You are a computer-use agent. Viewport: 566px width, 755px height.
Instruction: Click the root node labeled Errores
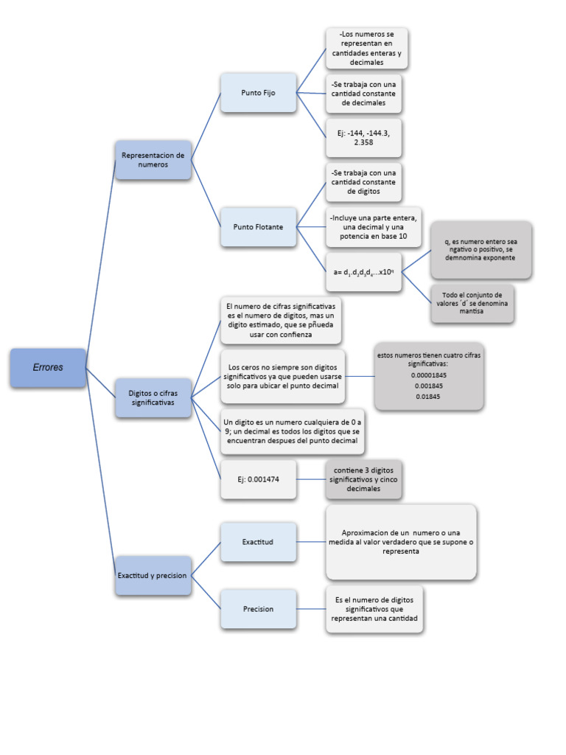tap(48, 367)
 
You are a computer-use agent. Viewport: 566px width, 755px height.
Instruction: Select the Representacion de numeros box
tap(153, 160)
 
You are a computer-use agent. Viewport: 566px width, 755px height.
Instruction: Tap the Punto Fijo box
tap(258, 93)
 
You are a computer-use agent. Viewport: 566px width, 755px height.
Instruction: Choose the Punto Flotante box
tap(258, 226)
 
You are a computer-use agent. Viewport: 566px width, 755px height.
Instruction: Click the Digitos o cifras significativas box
tap(153, 398)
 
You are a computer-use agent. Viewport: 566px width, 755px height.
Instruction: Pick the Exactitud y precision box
tap(153, 575)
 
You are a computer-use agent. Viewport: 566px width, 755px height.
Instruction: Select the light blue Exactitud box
tap(258, 542)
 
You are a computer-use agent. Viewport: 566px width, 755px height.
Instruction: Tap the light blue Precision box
tap(258, 609)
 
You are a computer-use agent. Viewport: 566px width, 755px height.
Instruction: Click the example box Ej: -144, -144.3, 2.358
tap(363, 137)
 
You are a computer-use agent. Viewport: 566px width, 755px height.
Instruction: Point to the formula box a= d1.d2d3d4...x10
tap(363, 271)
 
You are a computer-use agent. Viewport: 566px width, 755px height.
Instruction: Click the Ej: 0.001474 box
tap(258, 479)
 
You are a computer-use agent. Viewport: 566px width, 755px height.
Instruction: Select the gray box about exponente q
tap(480, 249)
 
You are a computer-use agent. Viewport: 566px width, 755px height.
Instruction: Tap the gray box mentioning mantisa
tap(472, 302)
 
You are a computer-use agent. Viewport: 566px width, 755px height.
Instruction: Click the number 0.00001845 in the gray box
tap(429, 375)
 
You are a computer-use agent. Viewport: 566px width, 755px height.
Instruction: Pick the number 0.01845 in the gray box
tap(429, 397)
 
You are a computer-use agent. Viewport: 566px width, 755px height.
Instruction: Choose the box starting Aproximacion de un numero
tap(401, 542)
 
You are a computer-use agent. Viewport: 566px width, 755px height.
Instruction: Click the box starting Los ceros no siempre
tap(283, 376)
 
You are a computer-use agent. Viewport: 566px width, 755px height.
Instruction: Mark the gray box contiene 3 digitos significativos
tap(363, 479)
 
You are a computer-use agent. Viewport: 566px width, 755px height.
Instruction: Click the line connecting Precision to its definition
tap(311, 609)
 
